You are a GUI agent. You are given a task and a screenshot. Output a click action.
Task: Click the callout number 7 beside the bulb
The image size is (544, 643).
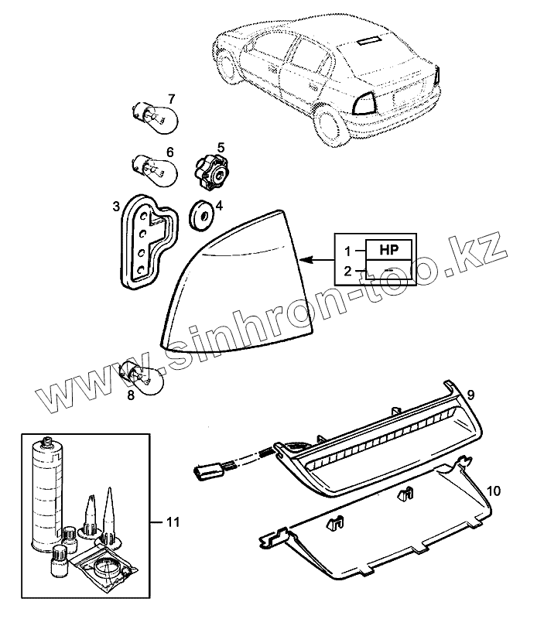(x=171, y=99)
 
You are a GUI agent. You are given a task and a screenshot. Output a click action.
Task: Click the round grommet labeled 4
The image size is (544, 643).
(x=202, y=215)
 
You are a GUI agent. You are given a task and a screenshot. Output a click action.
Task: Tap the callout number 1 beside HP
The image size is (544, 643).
(x=347, y=250)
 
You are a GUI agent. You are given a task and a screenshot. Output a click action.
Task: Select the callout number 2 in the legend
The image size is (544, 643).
(x=347, y=271)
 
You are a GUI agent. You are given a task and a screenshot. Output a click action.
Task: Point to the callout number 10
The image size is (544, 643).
(x=494, y=491)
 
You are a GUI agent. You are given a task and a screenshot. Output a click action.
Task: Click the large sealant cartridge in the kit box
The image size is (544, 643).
(x=47, y=496)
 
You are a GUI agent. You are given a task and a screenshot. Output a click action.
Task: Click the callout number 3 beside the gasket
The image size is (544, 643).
(x=115, y=207)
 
